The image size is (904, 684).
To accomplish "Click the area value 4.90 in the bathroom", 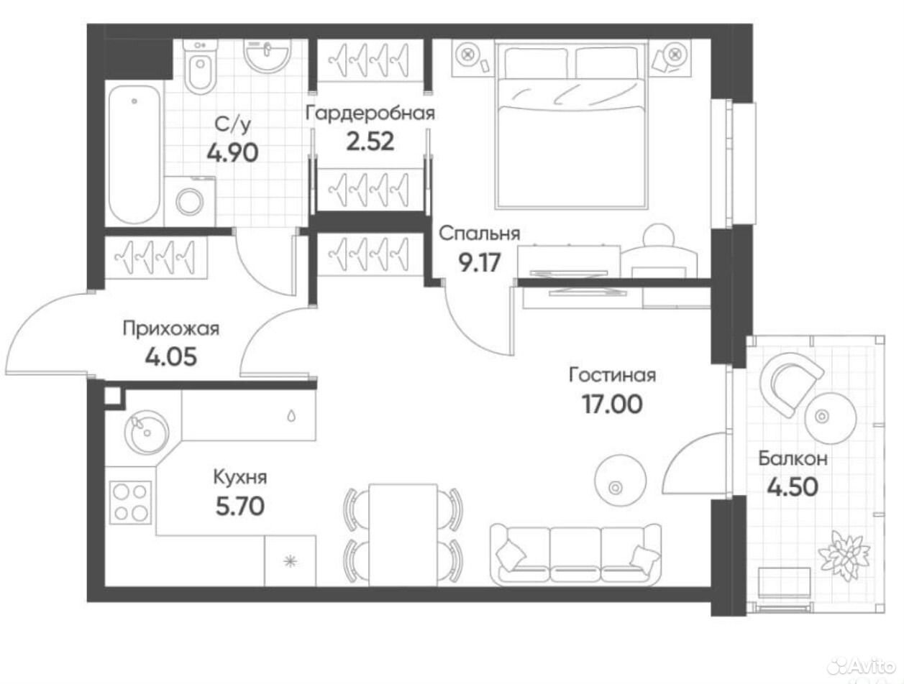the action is (233, 153).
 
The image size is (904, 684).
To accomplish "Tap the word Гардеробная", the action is (370, 113).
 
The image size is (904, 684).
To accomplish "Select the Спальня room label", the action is (480, 234).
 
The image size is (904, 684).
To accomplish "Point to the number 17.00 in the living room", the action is (612, 404).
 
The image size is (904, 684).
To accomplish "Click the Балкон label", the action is (793, 458).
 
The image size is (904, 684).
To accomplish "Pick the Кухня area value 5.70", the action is (240, 507).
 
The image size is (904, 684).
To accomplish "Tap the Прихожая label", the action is (171, 330).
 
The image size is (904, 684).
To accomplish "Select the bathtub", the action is (134, 154).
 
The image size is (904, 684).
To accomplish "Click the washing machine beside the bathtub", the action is (189, 201).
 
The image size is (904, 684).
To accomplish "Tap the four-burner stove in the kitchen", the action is (130, 502).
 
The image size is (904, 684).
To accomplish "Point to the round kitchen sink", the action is (146, 433).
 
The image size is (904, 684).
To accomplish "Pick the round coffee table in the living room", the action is (620, 480).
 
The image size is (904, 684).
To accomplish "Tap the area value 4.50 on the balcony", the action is (793, 487).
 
